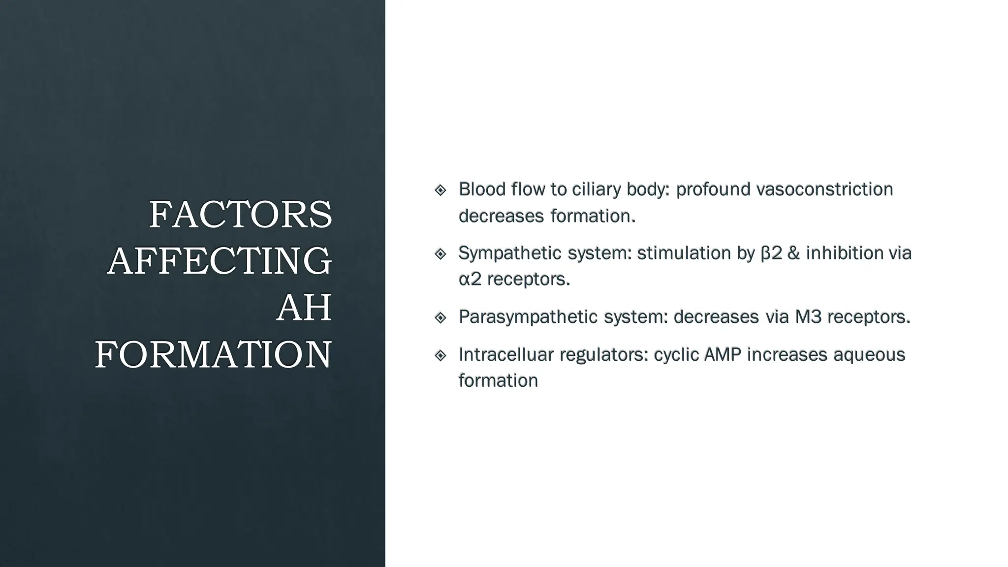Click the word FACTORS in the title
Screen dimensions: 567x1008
(x=240, y=215)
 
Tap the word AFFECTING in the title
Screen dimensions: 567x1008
(x=220, y=261)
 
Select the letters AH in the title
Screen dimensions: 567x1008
(x=304, y=308)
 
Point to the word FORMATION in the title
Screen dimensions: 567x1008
(x=213, y=354)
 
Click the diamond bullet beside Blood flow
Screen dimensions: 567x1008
(x=441, y=190)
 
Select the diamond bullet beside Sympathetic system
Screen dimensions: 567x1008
(x=441, y=254)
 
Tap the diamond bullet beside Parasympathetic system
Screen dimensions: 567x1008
(x=441, y=317)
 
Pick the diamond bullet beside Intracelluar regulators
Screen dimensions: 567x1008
(x=441, y=355)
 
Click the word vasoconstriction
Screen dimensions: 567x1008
(x=824, y=189)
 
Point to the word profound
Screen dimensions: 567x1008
(x=713, y=189)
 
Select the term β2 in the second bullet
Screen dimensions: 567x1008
(x=771, y=253)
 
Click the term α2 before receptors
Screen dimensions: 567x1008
(x=470, y=279)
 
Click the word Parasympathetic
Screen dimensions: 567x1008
(x=528, y=317)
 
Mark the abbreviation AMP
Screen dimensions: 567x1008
(x=723, y=354)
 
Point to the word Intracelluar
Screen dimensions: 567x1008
(x=506, y=354)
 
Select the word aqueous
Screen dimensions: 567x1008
(x=869, y=354)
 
